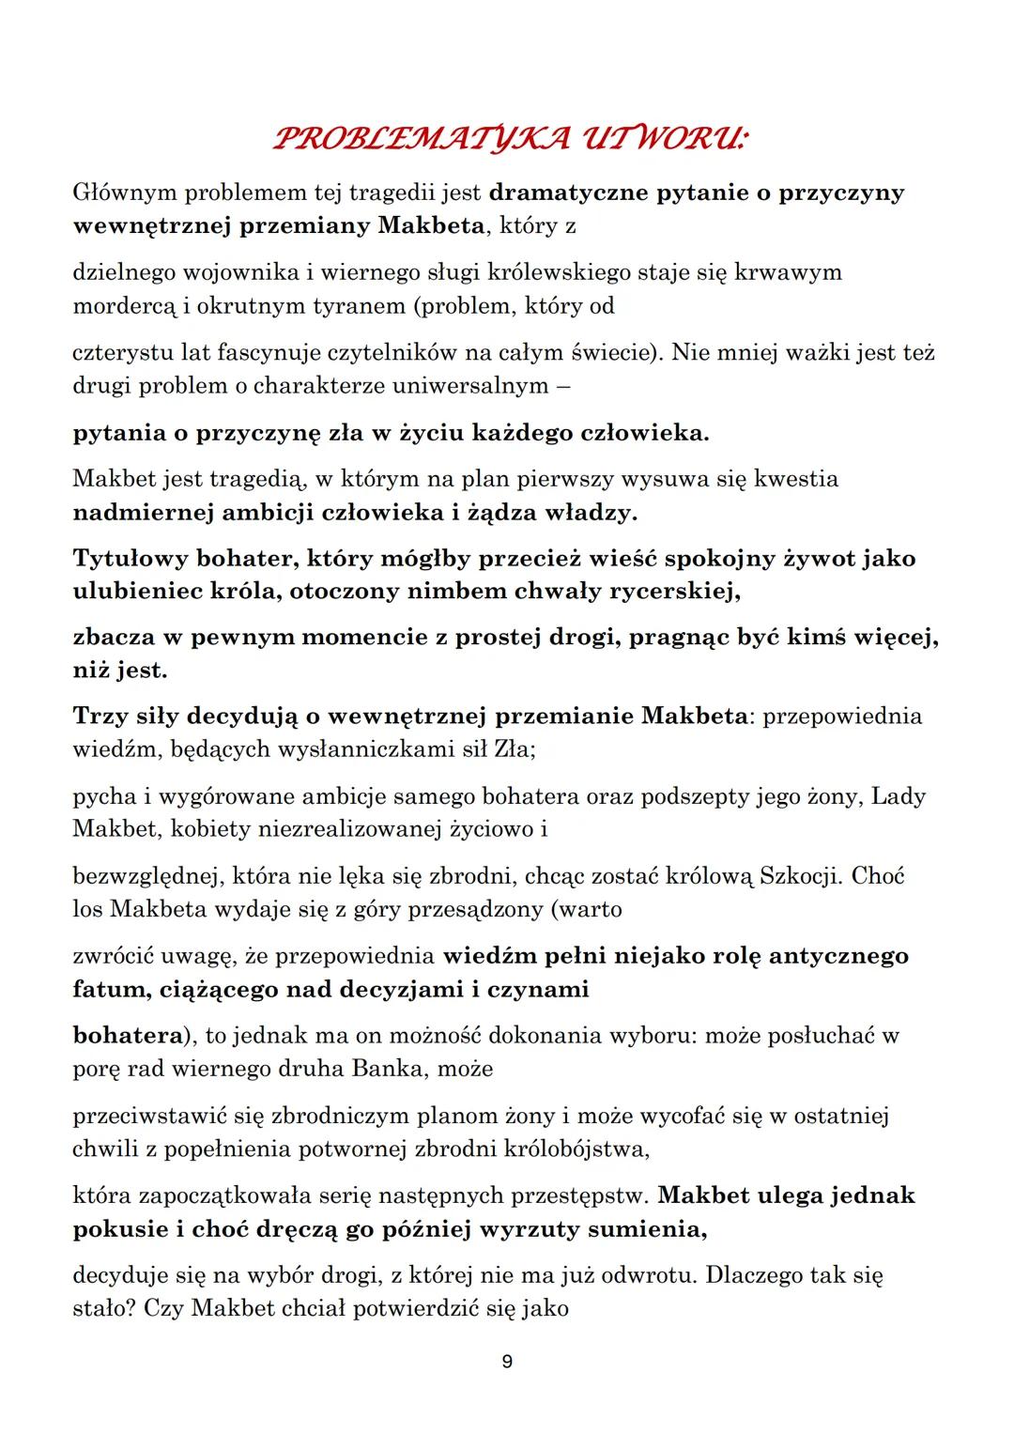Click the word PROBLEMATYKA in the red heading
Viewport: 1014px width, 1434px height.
click(407, 140)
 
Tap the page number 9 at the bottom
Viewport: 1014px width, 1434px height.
click(507, 1362)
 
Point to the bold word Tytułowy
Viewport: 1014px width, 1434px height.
click(130, 559)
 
